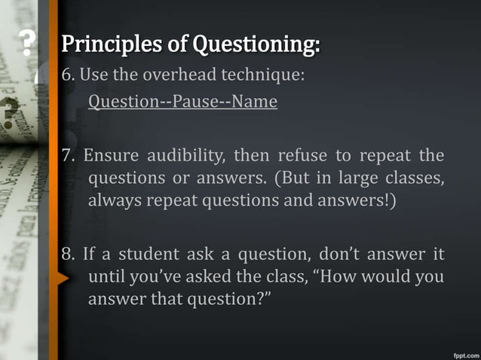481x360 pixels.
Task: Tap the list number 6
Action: (x=67, y=74)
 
